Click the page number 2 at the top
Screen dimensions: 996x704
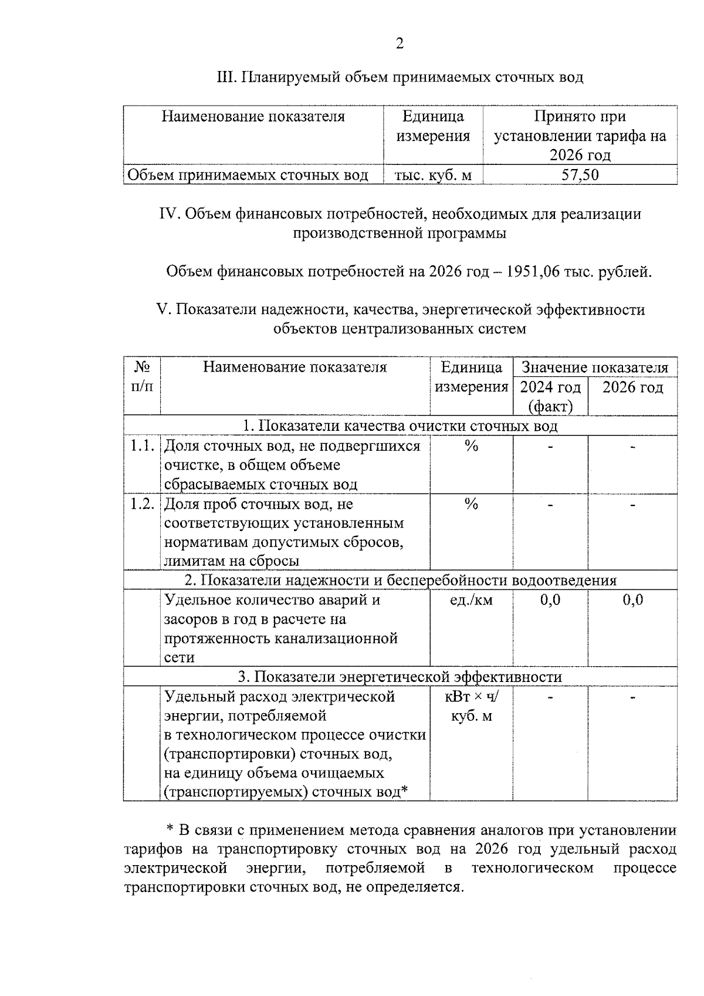pos(400,43)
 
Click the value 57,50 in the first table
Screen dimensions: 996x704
pos(580,175)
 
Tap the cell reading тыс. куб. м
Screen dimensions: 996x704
pos(433,175)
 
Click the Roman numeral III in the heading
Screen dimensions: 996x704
pos(226,77)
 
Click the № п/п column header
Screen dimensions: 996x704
pos(142,377)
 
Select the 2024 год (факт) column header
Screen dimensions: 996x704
pos(550,396)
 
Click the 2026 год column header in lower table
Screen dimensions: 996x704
pos(632,387)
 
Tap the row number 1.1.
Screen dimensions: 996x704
pos(142,445)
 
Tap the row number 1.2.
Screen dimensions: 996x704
pos(142,504)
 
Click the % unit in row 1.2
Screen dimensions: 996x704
pos(471,504)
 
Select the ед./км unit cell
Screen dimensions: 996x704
pos(471,600)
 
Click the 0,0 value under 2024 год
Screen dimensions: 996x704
pos(550,600)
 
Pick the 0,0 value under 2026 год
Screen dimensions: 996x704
pos(632,600)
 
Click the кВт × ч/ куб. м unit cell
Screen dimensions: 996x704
pos(471,706)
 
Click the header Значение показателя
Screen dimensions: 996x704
pos(595,367)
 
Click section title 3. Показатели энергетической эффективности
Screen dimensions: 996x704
pos(400,677)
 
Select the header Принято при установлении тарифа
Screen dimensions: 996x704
pos(580,136)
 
